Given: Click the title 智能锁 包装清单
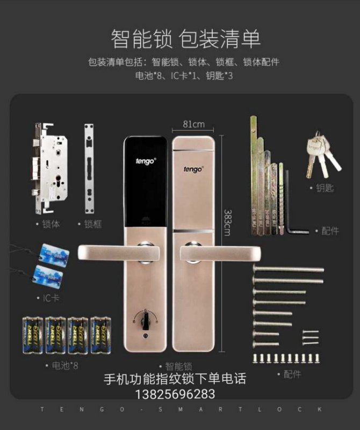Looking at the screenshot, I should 185,39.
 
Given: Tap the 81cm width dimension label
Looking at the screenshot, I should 193,125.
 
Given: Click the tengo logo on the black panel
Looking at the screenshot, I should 145,160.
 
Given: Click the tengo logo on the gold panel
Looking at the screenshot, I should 193,169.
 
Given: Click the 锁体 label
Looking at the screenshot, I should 48,224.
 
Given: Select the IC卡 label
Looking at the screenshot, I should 48,297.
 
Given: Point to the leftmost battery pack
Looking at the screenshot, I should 32,335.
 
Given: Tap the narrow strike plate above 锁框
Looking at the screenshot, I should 90,169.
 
